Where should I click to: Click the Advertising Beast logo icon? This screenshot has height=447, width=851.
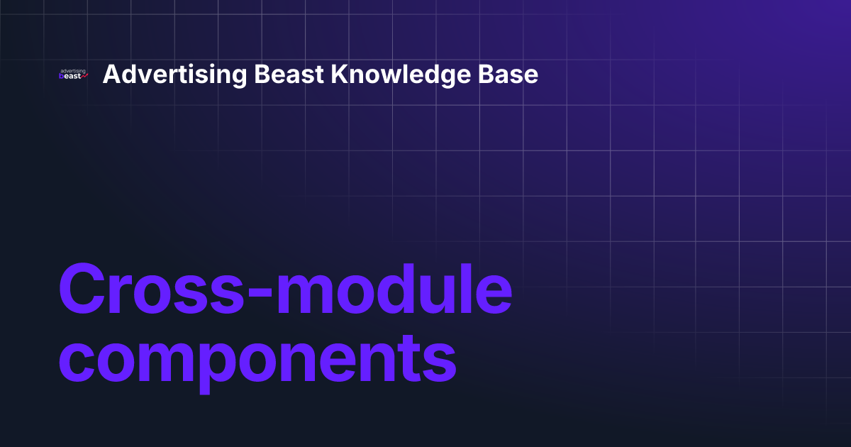click(x=73, y=74)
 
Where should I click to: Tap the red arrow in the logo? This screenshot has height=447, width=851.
click(x=84, y=76)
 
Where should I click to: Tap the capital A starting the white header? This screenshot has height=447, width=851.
click(x=112, y=74)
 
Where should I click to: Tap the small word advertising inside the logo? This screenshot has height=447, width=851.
click(x=72, y=71)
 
